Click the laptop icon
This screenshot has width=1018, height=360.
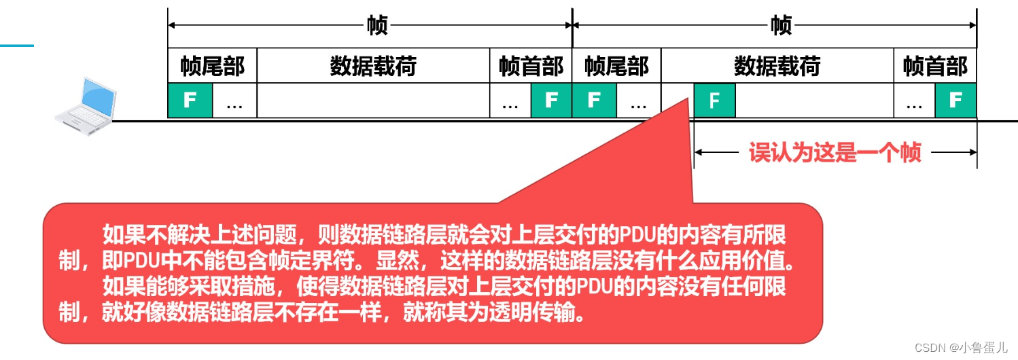84,105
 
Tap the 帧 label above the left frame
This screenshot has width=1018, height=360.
377,26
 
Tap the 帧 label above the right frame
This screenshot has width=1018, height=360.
781,26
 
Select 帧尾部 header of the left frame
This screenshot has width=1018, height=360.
212,67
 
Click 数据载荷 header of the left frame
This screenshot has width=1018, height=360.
373,67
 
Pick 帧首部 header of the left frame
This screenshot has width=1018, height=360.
531,67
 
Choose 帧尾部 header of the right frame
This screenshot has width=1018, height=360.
616,67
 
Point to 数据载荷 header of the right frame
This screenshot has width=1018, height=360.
777,67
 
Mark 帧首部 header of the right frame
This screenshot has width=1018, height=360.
935,67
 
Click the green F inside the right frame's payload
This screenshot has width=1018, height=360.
714,101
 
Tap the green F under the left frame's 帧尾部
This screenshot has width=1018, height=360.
190,101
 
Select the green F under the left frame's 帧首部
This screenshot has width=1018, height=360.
551,101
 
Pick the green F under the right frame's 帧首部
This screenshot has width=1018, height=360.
955,101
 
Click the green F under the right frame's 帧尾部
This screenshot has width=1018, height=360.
594,101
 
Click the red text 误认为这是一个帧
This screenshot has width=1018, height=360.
835,153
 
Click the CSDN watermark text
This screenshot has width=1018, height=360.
960,347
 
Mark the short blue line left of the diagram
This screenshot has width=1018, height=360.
16,46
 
